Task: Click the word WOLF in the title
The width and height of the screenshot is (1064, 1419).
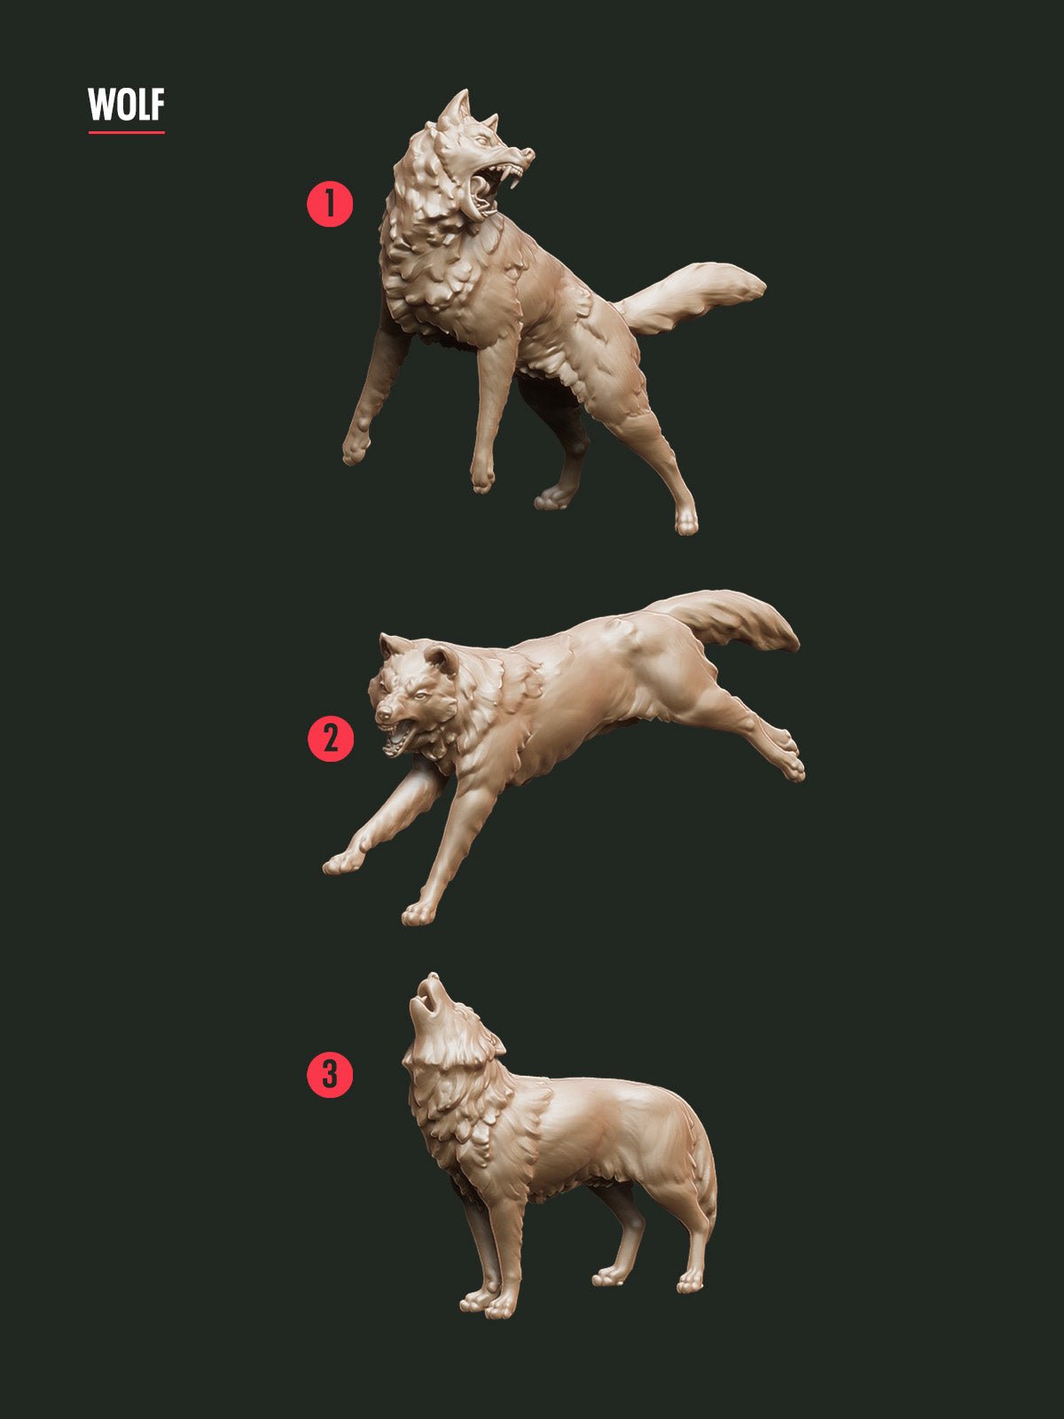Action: tap(126, 105)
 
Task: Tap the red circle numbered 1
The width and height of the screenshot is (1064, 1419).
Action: tap(330, 204)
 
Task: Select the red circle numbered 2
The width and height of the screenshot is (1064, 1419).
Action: tap(330, 739)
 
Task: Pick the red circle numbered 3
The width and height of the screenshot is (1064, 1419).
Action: tap(330, 1075)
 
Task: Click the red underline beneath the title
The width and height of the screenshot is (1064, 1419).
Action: tap(126, 133)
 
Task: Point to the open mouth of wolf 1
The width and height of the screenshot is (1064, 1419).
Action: tap(489, 188)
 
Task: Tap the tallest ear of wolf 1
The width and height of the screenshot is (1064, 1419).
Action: tap(457, 109)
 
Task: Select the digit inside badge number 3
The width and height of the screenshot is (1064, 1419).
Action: tap(330, 1075)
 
